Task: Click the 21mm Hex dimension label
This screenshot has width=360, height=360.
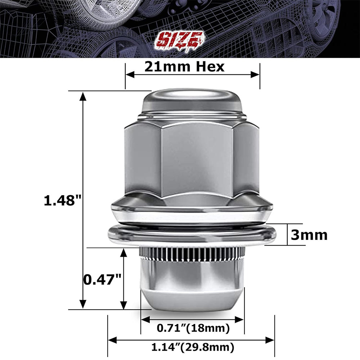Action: point(184,67)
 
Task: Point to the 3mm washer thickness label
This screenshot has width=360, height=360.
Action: point(309,235)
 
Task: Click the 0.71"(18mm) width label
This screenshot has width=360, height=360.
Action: point(193,328)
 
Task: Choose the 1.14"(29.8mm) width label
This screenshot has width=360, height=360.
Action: point(193,348)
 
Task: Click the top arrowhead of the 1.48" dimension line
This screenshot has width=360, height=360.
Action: point(83,96)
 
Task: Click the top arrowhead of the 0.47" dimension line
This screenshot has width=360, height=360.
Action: point(123,252)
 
